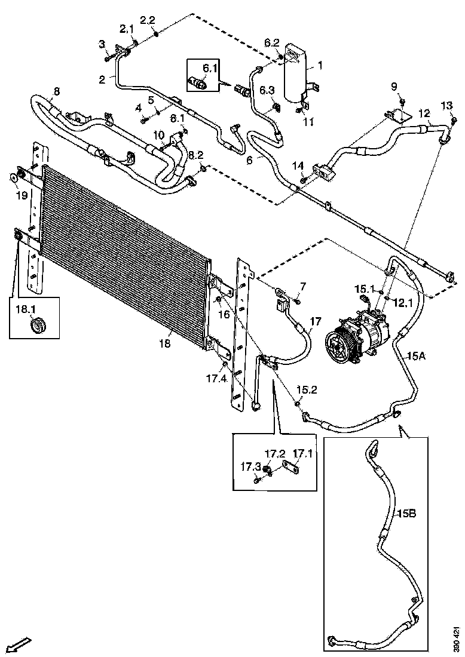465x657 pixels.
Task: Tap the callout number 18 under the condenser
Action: pos(165,343)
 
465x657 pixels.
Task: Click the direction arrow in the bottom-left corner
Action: pos(20,644)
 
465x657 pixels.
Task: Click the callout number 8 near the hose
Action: pos(57,91)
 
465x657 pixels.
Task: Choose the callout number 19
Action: pos(21,195)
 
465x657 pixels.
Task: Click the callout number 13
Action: pos(446,106)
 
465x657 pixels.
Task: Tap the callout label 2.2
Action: pos(147,20)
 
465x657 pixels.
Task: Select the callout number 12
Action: pos(424,113)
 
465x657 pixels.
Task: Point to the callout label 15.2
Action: pos(302,389)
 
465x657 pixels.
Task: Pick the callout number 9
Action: pos(394,86)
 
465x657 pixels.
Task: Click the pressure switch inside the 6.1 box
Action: pos(199,82)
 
